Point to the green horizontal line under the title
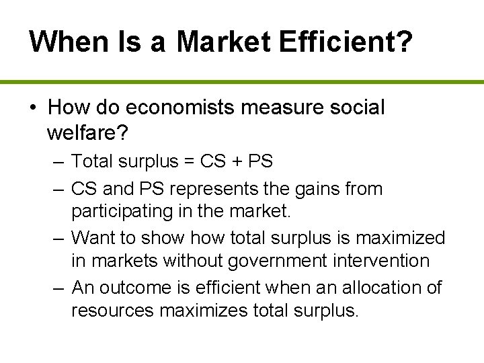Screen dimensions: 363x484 [242, 82]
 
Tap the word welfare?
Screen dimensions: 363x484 [88, 132]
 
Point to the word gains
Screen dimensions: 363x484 [321, 190]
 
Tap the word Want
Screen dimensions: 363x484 [92, 237]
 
